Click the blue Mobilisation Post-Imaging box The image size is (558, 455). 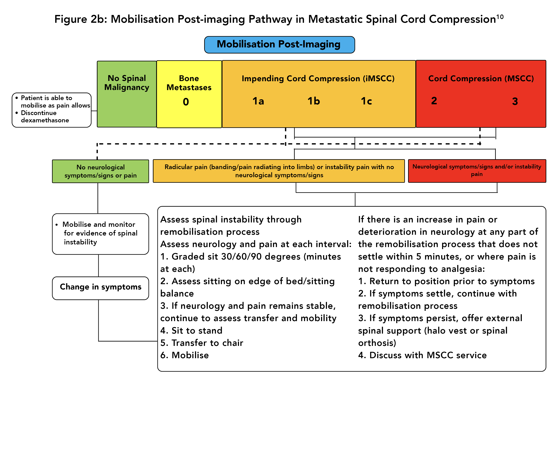pyautogui.click(x=279, y=45)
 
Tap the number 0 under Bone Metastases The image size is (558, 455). pyautogui.click(x=186, y=102)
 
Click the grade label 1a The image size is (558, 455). pyautogui.click(x=258, y=101)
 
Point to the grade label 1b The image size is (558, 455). pyautogui.click(x=314, y=101)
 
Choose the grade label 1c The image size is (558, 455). pyautogui.click(x=366, y=101)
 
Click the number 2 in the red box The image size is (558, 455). pyautogui.click(x=434, y=101)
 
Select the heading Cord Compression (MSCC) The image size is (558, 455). pyautogui.click(x=481, y=78)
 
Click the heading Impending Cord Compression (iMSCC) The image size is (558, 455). pyautogui.click(x=318, y=78)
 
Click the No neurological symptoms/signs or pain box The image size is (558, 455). pyautogui.click(x=100, y=171)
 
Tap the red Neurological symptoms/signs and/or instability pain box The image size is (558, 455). pyautogui.click(x=477, y=171)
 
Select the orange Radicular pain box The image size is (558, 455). pyautogui.click(x=279, y=171)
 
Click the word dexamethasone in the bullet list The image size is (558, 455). pyautogui.click(x=45, y=120)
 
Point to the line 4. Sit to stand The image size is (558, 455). pyautogui.click(x=191, y=330)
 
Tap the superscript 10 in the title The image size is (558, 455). pyautogui.click(x=500, y=17)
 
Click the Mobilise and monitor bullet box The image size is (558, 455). pyautogui.click(x=100, y=234)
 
